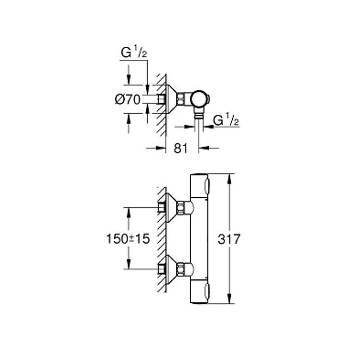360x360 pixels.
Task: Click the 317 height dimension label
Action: click(229, 239)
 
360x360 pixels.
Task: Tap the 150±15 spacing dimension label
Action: click(128, 239)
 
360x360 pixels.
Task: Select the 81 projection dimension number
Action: click(181, 148)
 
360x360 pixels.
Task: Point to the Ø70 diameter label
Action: click(127, 100)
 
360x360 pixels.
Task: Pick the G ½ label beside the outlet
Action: click(226, 120)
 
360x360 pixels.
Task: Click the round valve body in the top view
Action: click(199, 99)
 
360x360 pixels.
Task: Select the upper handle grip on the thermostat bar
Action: click(207, 186)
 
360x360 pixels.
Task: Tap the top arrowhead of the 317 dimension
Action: click(229, 178)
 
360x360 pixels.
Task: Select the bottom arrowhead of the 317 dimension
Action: click(229, 298)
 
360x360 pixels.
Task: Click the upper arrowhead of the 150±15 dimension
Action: click(128, 212)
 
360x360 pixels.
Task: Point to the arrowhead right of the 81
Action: click(203, 148)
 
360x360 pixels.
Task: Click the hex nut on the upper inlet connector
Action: click(181, 207)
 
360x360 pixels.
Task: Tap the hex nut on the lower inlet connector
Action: click(181, 269)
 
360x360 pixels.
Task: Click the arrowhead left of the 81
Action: click(161, 148)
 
